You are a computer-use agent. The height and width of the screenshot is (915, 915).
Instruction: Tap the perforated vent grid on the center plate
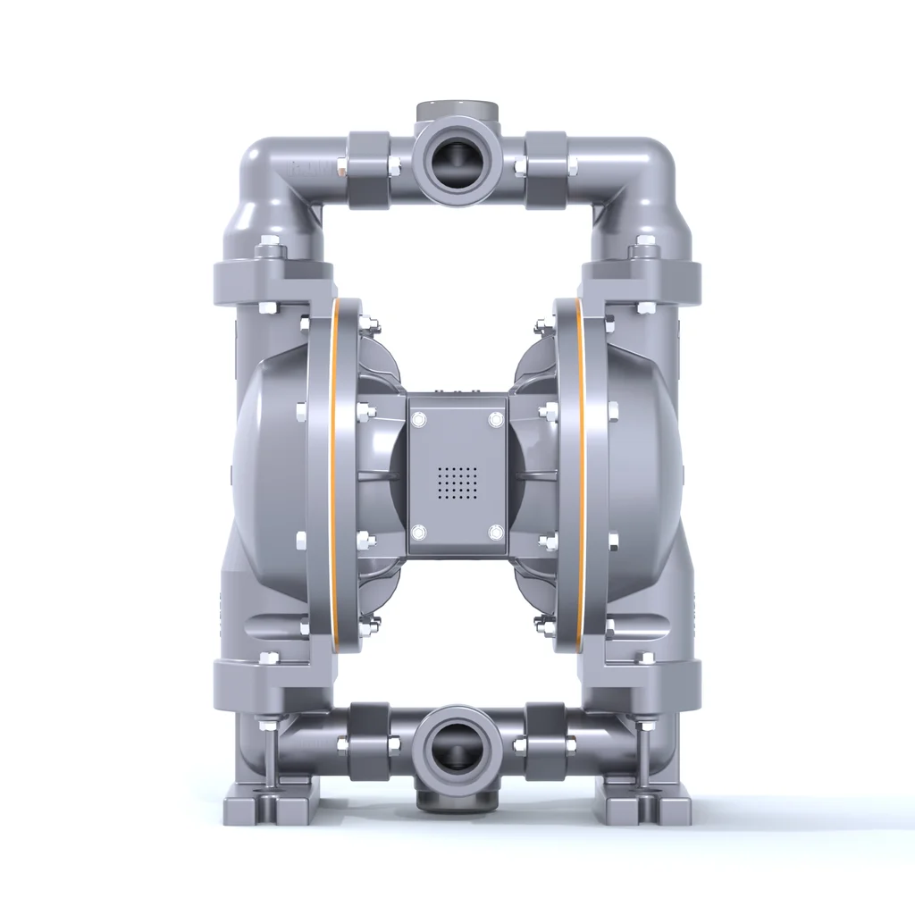pyautogui.click(x=457, y=483)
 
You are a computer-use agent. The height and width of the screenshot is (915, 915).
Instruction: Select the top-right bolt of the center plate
pyautogui.click(x=494, y=419)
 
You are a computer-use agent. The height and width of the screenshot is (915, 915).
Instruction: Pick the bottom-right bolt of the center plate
pyautogui.click(x=494, y=533)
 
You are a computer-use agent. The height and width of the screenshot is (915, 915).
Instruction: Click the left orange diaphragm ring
pyautogui.click(x=336, y=474)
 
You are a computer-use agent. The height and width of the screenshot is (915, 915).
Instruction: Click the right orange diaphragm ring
pyautogui.click(x=579, y=474)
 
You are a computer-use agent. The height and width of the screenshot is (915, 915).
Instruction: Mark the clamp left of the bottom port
pyautogui.click(x=368, y=733)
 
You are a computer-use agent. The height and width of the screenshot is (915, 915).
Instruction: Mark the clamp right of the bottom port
pyautogui.click(x=545, y=733)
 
